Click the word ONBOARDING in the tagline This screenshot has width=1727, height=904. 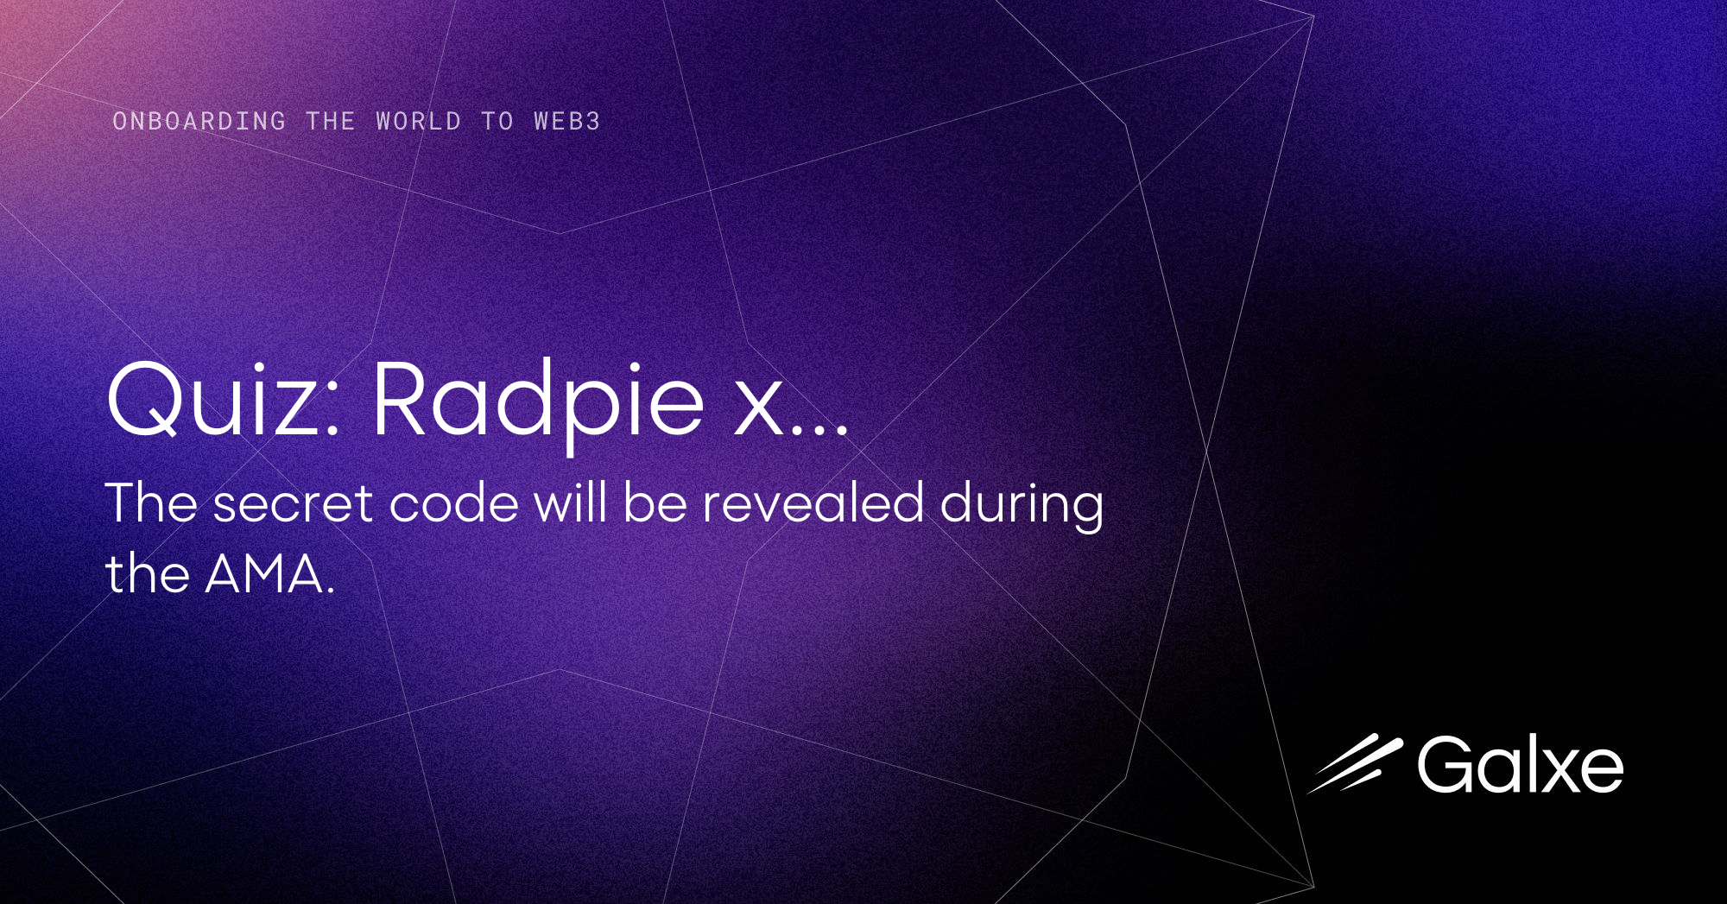(199, 121)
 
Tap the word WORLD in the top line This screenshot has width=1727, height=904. (419, 121)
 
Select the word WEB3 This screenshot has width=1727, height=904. (566, 121)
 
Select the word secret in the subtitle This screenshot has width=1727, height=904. (293, 503)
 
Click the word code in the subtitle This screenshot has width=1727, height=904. (453, 503)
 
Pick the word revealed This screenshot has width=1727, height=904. (813, 503)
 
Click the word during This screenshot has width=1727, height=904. (1022, 505)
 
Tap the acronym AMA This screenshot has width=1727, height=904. (264, 574)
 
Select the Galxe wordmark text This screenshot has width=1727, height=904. (1520, 765)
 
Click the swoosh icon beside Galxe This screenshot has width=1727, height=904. (1354, 763)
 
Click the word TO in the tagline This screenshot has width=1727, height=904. (497, 121)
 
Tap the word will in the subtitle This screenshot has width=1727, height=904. (570, 503)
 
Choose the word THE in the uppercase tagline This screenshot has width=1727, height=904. (331, 121)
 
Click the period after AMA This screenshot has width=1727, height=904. (331, 592)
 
